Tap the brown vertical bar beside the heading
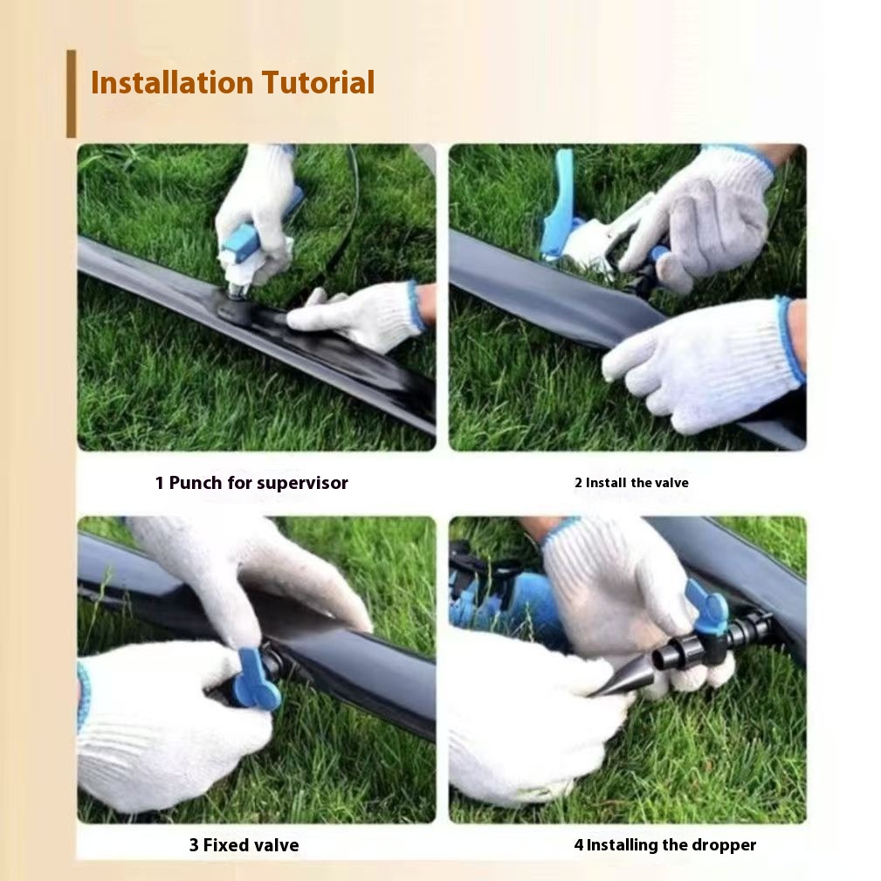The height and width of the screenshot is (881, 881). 71,93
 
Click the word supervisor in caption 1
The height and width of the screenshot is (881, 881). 302,483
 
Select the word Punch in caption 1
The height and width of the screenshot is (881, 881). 196,483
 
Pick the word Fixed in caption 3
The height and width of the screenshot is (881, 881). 226,845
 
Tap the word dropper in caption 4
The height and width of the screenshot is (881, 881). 723,845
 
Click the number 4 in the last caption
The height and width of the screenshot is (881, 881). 578,845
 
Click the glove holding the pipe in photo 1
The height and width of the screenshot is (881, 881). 358,316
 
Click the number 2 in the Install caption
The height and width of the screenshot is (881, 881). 578,483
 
